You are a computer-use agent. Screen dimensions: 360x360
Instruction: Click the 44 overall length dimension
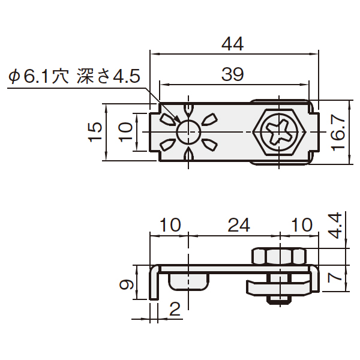click(232, 44)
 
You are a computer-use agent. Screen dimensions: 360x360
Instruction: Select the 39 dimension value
click(232, 74)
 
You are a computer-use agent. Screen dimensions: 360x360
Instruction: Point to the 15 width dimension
click(95, 132)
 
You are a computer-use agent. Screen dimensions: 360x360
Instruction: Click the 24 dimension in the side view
click(239, 225)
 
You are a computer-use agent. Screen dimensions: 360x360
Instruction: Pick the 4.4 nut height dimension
click(335, 226)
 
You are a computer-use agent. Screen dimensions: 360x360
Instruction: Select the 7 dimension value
click(335, 278)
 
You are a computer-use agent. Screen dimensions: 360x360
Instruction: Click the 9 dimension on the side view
click(127, 284)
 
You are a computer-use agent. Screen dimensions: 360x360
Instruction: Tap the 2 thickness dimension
click(175, 309)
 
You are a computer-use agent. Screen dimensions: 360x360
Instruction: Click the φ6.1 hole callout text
click(38, 76)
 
